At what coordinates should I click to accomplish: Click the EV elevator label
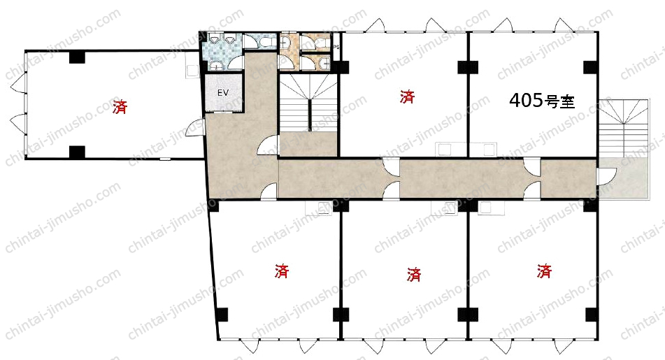(x=223, y=92)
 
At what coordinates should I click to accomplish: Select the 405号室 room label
(x=542, y=101)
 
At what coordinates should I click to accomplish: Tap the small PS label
(x=336, y=47)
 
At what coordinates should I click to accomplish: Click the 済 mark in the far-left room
(x=120, y=106)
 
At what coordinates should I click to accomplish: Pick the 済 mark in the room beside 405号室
(x=407, y=96)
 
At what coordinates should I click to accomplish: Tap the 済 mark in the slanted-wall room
(x=282, y=271)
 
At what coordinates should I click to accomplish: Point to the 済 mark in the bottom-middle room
(x=413, y=274)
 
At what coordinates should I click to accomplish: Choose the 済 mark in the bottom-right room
(x=544, y=271)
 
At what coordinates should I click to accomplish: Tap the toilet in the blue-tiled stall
(x=266, y=41)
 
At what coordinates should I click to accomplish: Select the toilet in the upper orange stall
(x=321, y=41)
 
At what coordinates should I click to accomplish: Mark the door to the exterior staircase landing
(x=607, y=176)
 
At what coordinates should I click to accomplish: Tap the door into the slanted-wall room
(x=269, y=192)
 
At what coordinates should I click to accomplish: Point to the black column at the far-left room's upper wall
(x=77, y=57)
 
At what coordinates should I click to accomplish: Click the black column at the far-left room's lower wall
(x=77, y=152)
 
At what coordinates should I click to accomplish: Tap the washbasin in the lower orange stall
(x=325, y=63)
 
